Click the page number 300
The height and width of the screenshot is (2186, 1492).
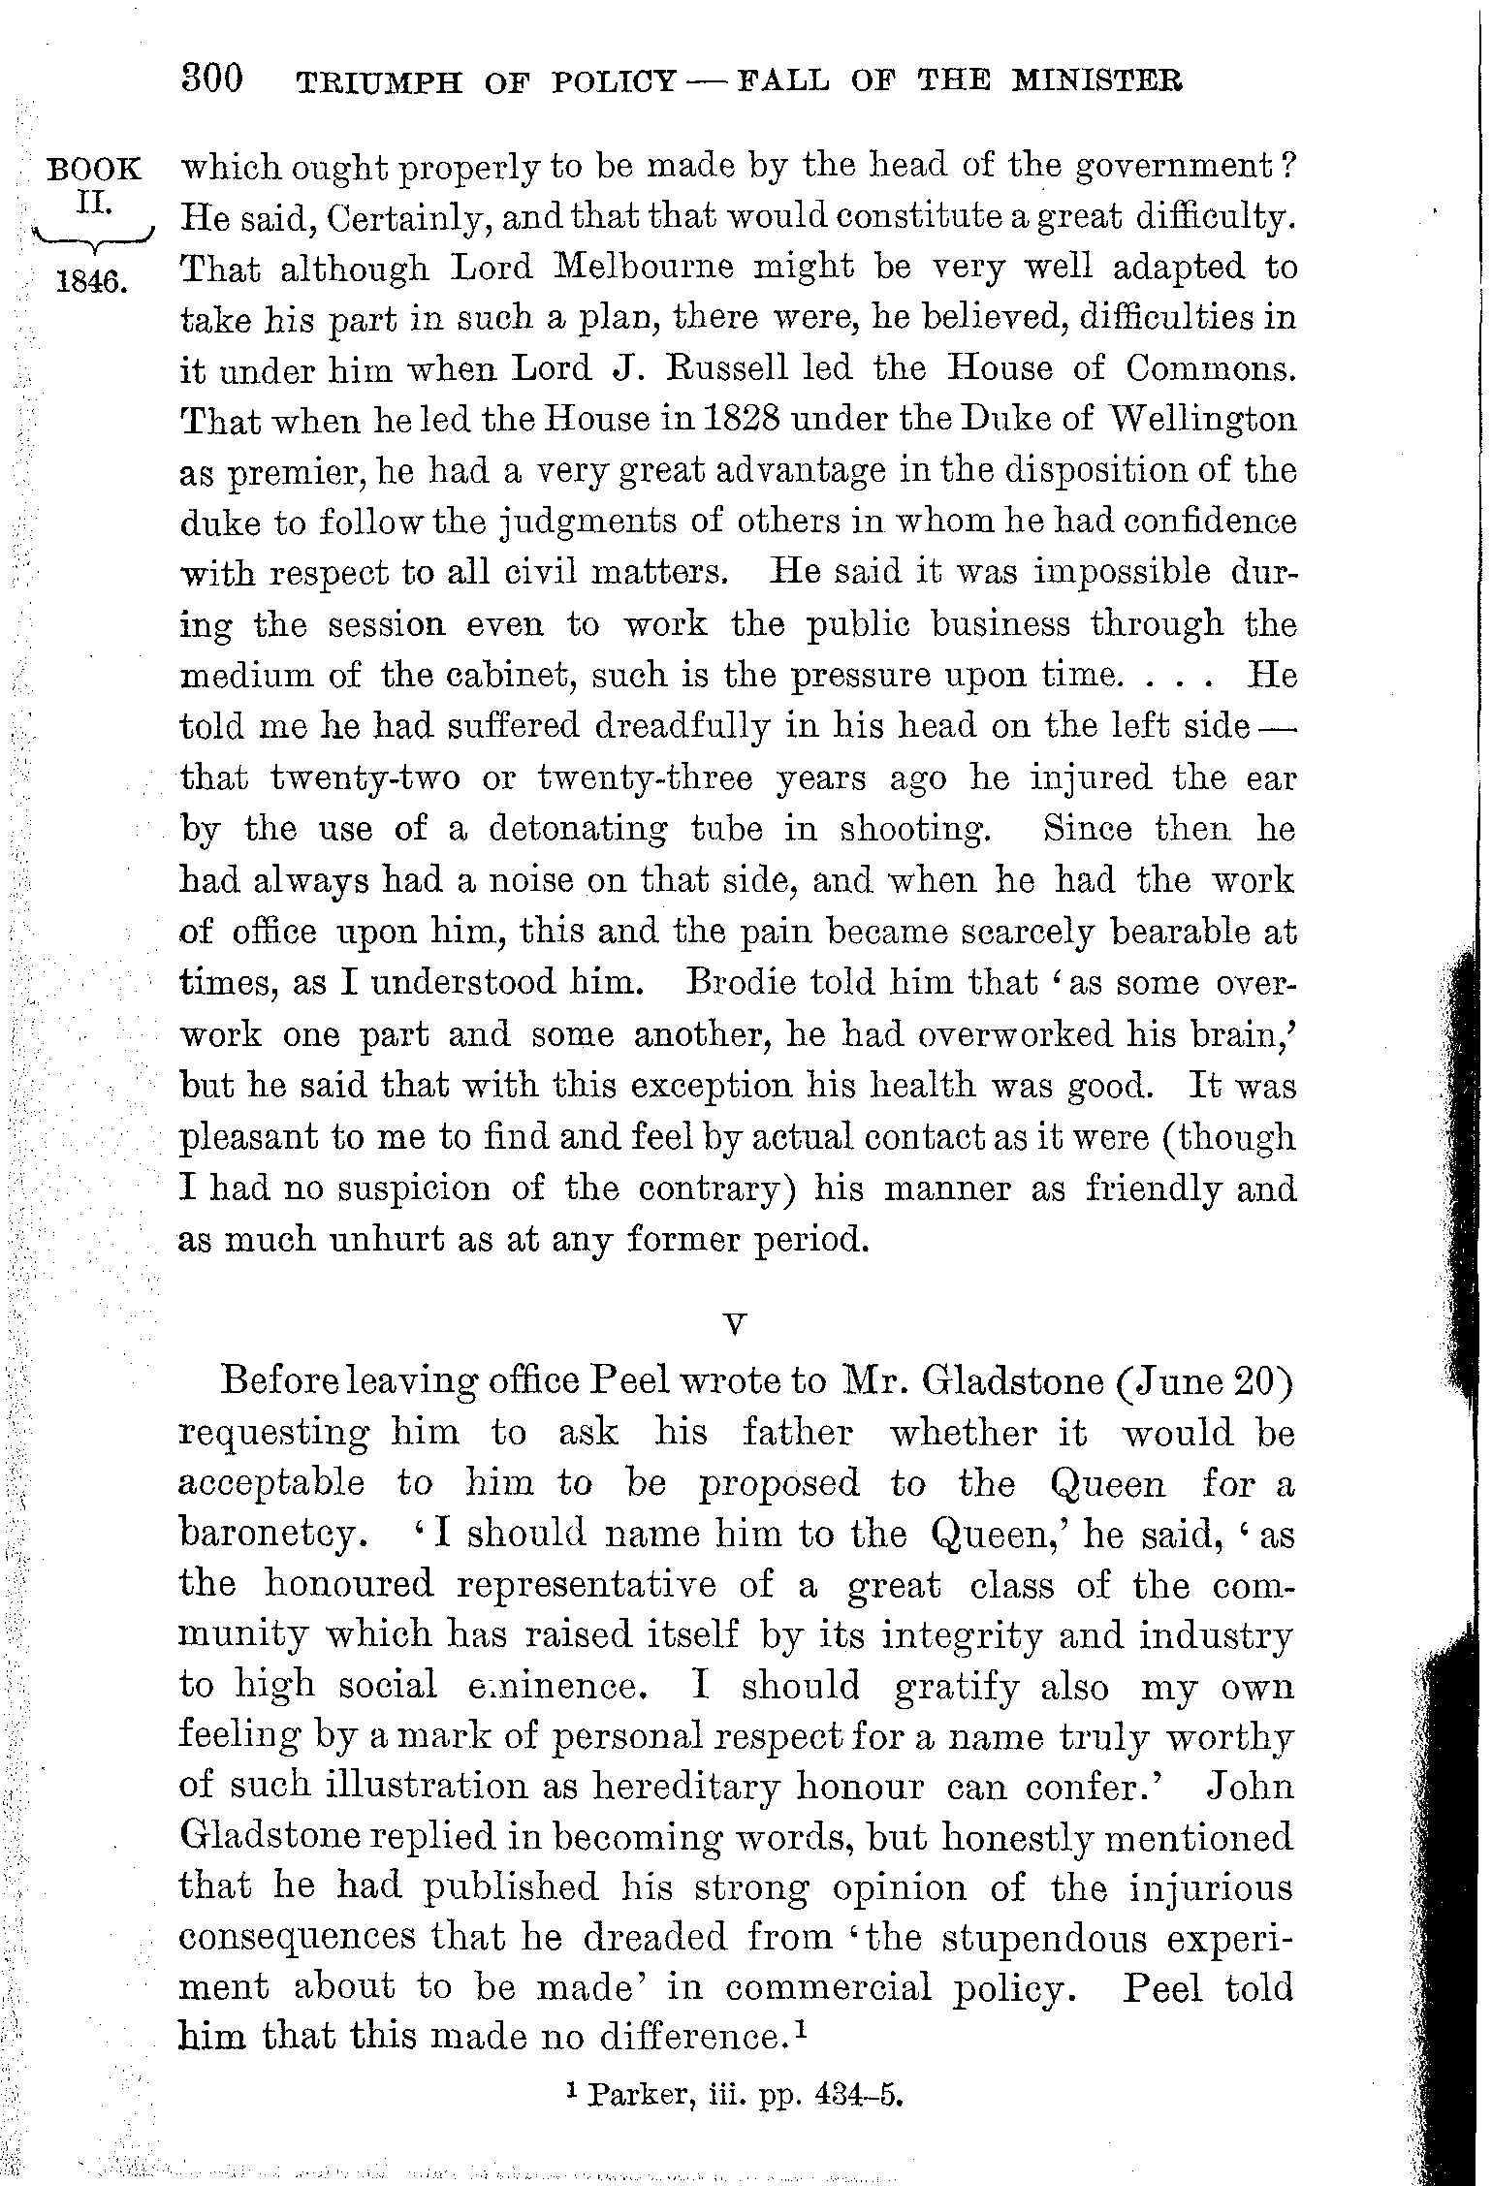coord(211,79)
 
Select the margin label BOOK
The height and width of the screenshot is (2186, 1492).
coord(94,171)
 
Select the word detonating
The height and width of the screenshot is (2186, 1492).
coord(577,830)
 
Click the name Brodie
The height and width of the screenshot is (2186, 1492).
coord(738,983)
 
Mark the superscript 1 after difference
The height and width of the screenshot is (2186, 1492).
coord(802,2030)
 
